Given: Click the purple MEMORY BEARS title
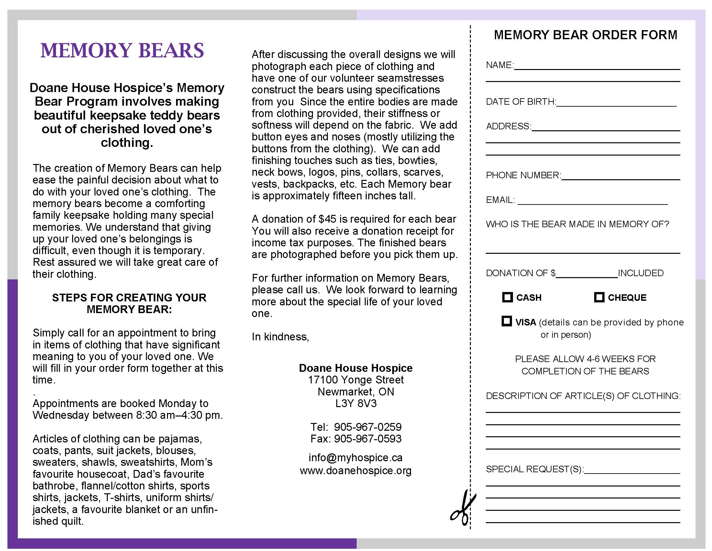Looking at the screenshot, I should coord(122,51).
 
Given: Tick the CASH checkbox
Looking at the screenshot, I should coord(507,297).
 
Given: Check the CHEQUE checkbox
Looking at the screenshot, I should coord(599,297).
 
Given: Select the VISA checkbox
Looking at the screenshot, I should coord(506,321).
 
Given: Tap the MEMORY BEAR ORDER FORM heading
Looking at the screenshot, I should coord(585,35).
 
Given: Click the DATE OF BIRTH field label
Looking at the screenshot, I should coord(521,102).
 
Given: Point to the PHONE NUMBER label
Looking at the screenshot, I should coord(523,175).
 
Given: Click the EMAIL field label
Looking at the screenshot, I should coord(500,200).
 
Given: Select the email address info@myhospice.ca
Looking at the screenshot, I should coord(355,458).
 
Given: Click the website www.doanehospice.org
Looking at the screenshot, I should coord(355,471).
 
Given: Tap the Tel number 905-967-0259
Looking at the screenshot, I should coord(368,427).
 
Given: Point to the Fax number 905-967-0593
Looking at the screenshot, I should coord(368,439).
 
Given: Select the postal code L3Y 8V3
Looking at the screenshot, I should coord(356,404).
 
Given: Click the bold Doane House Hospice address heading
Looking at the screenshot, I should coord(355,368).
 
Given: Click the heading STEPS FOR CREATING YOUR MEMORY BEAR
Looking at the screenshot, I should coord(129,303).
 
